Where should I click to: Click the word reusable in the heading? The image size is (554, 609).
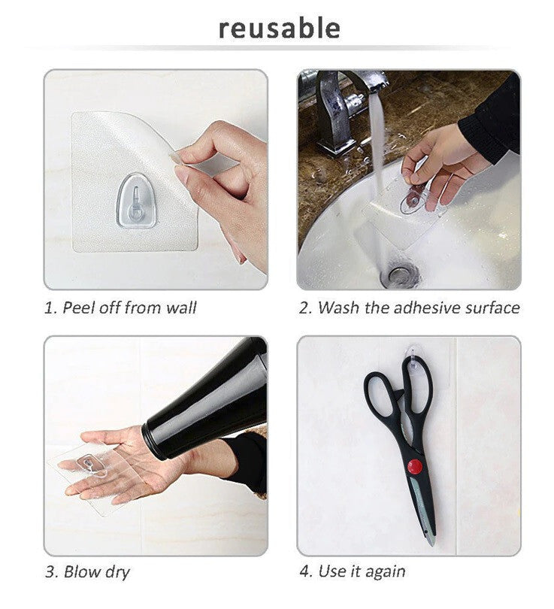pyautogui.click(x=280, y=29)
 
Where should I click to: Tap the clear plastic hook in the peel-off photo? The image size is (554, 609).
pyautogui.click(x=137, y=201)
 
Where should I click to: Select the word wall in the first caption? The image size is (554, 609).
pyautogui.click(x=181, y=308)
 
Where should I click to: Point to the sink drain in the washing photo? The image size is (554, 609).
pyautogui.click(x=400, y=275)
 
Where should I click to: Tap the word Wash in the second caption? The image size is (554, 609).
pyautogui.click(x=338, y=308)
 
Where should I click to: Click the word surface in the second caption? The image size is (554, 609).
pyautogui.click(x=492, y=308)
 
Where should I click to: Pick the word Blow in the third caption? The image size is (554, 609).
pyautogui.click(x=80, y=571)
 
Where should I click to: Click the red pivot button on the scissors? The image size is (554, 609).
pyautogui.click(x=415, y=467)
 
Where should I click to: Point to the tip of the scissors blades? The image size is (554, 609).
pyautogui.click(x=433, y=543)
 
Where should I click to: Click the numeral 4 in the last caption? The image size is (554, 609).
pyautogui.click(x=304, y=571)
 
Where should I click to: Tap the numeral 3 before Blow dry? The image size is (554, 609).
pyautogui.click(x=50, y=572)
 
